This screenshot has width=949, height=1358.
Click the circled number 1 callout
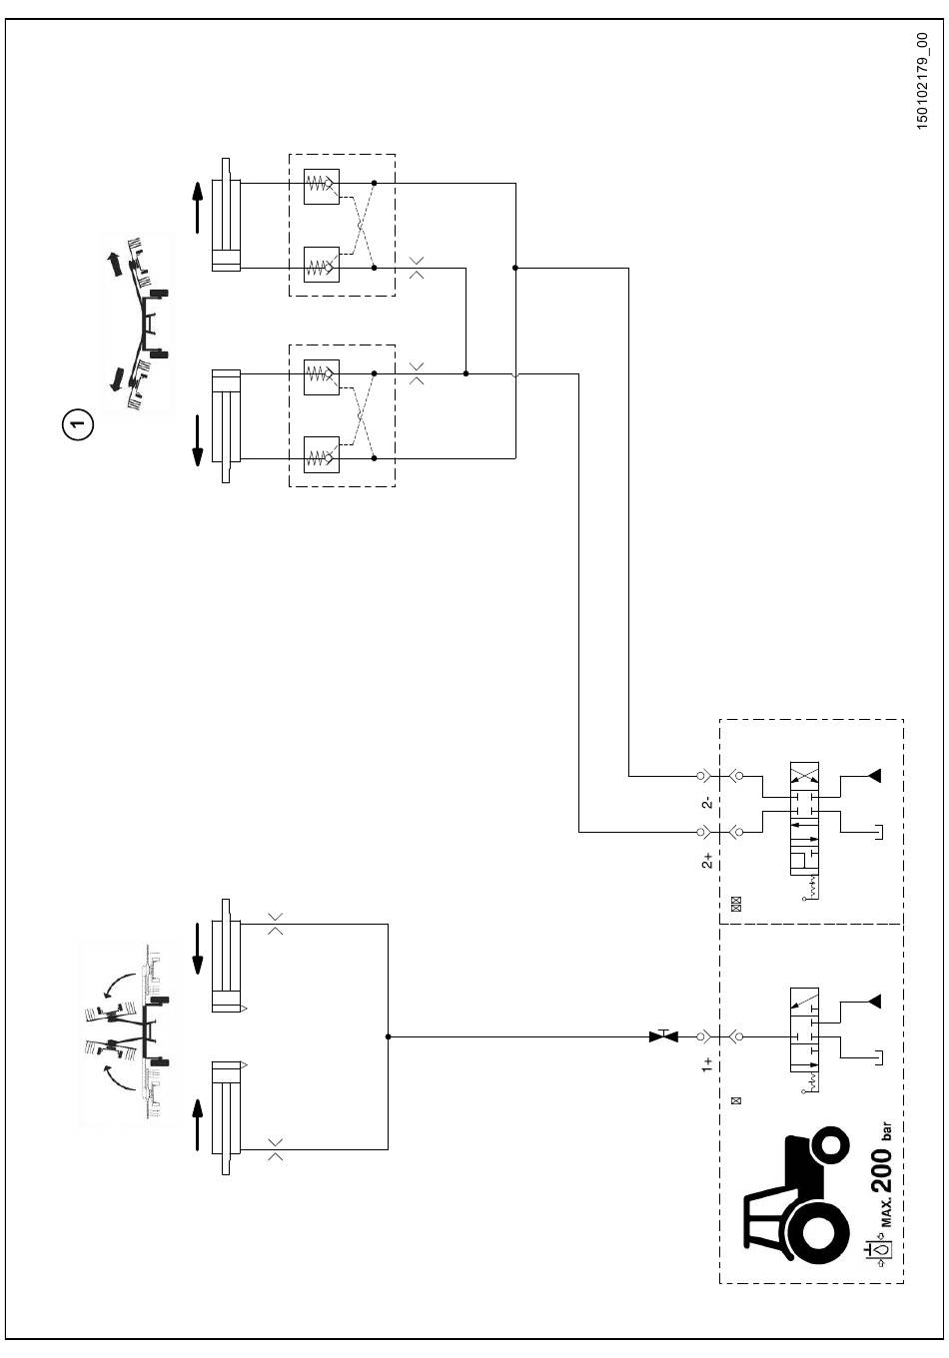tap(78, 423)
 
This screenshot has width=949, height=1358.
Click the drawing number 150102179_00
tap(921, 81)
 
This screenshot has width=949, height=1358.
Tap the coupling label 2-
tap(707, 803)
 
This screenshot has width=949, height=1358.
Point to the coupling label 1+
tap(707, 1065)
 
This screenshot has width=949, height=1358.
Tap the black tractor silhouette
tap(795, 1197)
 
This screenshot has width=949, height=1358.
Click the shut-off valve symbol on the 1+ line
tap(663, 1036)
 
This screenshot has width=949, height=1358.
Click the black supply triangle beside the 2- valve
tap(874, 776)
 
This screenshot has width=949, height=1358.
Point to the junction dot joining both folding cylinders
tap(388, 1036)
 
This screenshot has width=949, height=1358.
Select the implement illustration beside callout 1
tap(138, 324)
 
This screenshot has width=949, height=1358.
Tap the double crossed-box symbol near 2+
tap(737, 905)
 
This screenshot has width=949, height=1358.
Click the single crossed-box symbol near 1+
tap(737, 1100)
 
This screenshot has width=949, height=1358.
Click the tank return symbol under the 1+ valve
tap(879, 1057)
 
